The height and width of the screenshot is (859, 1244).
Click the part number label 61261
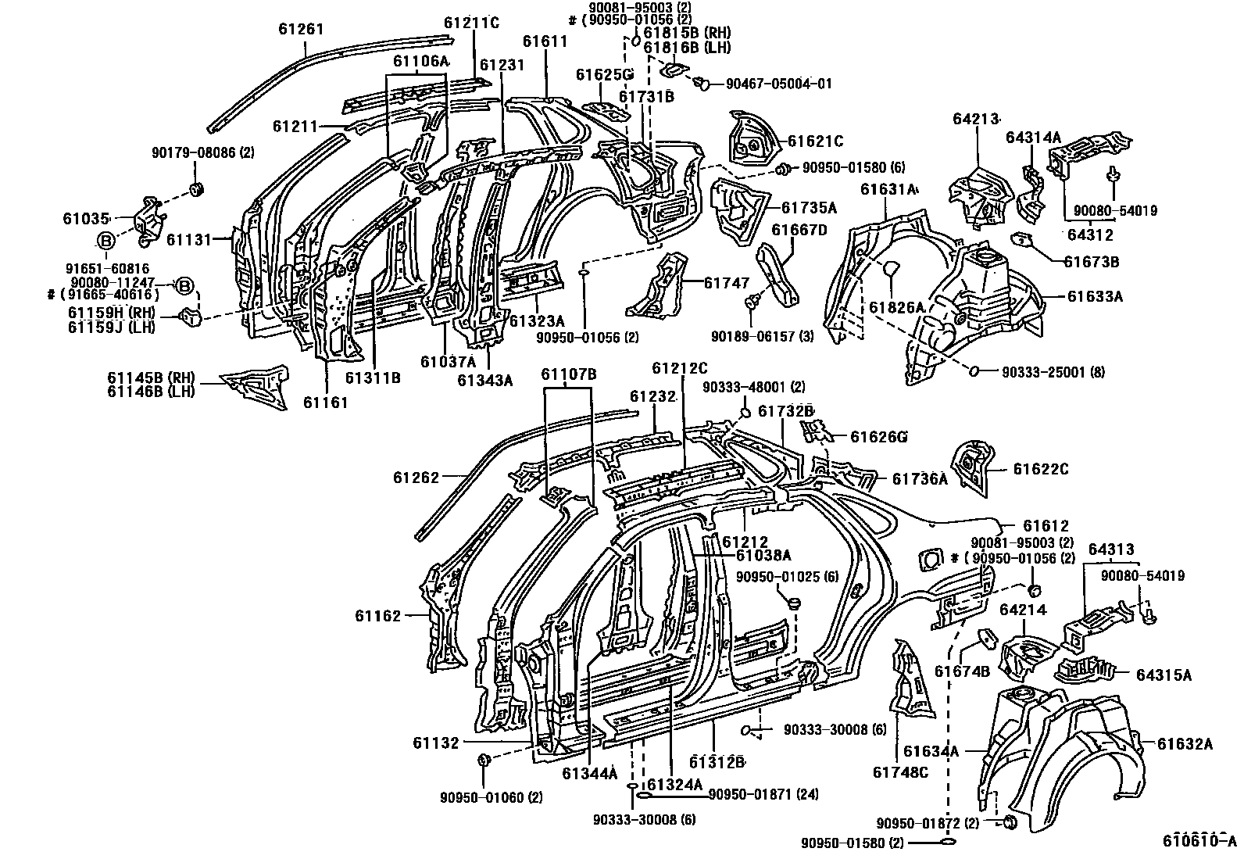(301, 30)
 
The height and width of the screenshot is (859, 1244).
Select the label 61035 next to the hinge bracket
(82, 220)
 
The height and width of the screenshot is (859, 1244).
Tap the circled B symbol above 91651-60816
(106, 241)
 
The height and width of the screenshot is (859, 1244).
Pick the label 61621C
(815, 141)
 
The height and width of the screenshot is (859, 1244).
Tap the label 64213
(977, 119)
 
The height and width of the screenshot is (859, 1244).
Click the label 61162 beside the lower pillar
(378, 616)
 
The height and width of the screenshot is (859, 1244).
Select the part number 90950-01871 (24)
(763, 795)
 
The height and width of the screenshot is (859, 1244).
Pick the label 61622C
(1041, 470)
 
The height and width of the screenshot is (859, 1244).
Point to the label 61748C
(900, 773)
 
